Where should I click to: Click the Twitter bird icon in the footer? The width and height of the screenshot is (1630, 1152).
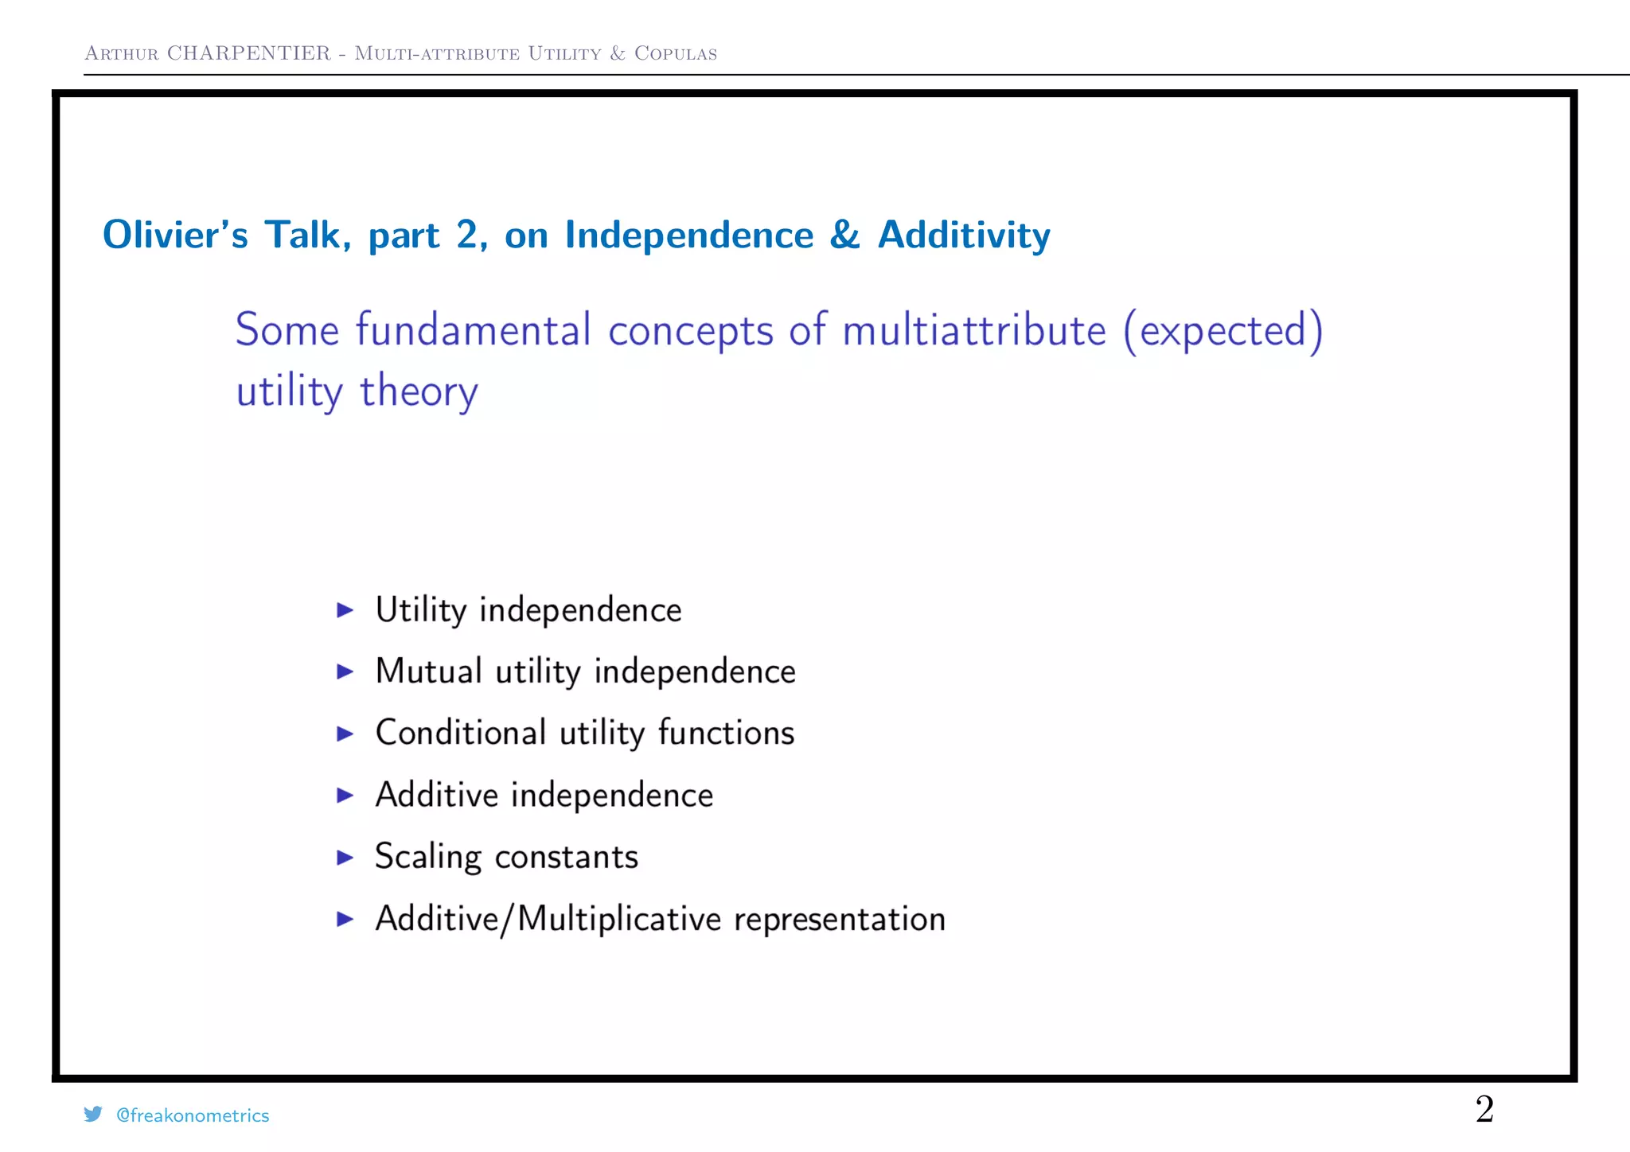[x=93, y=1115]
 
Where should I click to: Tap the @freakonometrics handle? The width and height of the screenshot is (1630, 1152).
[x=193, y=1115]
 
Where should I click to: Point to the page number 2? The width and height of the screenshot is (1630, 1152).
[x=1484, y=1109]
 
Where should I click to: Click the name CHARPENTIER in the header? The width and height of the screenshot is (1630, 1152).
[x=248, y=53]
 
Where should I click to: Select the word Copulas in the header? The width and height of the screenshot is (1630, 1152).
[x=675, y=53]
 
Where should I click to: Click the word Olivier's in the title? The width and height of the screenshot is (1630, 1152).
[x=175, y=235]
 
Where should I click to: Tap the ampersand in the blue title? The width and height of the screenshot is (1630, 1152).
[x=844, y=235]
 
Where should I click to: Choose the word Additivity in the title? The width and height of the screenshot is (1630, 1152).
[x=964, y=235]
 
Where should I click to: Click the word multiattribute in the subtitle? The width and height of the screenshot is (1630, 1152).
[x=973, y=331]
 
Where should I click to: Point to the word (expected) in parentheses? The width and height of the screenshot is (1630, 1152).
[x=1222, y=331]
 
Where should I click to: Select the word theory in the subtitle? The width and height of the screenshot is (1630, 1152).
[x=419, y=392]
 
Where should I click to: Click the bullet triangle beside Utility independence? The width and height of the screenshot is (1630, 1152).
[x=345, y=610]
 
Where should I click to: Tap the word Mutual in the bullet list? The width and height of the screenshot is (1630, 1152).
[x=428, y=671]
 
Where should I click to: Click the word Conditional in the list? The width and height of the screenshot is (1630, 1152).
[x=461, y=733]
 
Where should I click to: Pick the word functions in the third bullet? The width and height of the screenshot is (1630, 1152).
[x=726, y=733]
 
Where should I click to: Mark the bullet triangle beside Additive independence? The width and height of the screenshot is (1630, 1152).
[x=345, y=795]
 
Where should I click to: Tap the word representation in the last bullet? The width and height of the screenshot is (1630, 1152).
[x=839, y=920]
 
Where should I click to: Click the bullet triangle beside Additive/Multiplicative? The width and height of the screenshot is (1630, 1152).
[x=345, y=920]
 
